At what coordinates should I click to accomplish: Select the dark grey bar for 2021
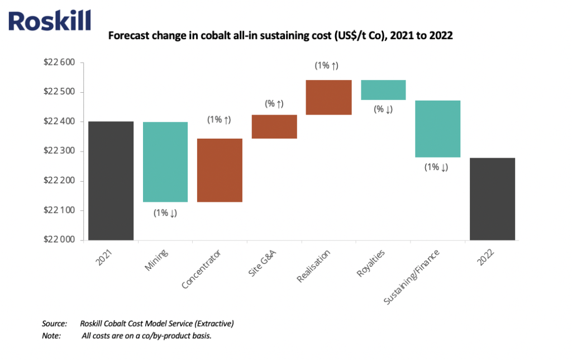111,181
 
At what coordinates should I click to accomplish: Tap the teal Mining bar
165,162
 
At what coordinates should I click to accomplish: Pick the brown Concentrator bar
220,170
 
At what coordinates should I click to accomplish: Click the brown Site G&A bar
274,126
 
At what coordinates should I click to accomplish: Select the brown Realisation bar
328,97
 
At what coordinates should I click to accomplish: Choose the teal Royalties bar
383,90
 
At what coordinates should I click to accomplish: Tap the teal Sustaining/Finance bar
438,129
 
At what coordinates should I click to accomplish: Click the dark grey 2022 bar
492,198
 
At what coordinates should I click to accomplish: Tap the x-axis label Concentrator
202,269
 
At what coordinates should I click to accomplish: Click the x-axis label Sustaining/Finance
412,277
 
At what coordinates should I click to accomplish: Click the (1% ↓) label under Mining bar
165,212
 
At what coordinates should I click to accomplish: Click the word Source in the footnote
54,324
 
